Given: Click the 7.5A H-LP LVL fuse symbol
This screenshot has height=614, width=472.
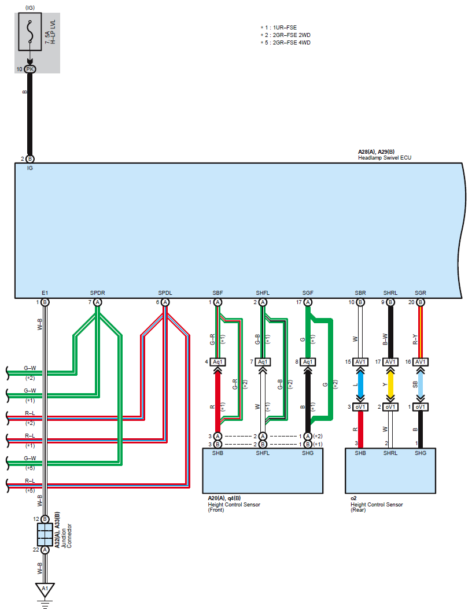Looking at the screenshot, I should (30, 34).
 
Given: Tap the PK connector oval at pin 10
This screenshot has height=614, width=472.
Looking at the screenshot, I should (30, 69).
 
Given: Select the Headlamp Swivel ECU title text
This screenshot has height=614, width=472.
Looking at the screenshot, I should (385, 158).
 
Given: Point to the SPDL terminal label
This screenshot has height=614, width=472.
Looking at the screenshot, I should (165, 294).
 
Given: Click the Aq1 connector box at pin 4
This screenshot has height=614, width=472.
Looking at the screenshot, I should (217, 363).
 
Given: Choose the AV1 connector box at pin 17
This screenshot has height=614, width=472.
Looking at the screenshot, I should (390, 363).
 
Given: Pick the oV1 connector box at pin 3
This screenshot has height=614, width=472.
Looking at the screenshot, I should (360, 407).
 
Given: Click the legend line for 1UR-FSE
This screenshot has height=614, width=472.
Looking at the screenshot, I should (280, 27).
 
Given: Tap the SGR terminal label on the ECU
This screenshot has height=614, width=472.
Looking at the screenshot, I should (421, 294).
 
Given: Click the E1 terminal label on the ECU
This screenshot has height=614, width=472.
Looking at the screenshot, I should (45, 294).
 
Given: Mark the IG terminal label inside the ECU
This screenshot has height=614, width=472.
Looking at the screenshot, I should (30, 168).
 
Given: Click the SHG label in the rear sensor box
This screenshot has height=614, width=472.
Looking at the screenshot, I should (421, 453).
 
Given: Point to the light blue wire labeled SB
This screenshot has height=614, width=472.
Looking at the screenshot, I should (421, 384).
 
